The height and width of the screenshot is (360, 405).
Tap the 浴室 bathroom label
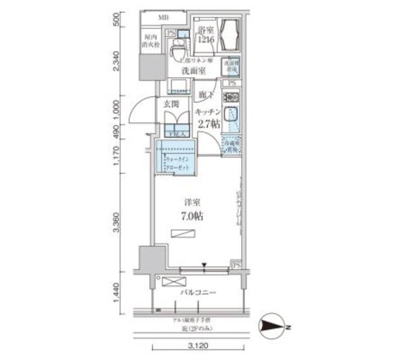click(204, 31)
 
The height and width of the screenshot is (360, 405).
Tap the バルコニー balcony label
click(199, 294)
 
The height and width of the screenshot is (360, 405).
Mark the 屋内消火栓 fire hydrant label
click(151, 40)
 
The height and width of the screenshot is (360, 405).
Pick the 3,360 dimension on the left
click(118, 222)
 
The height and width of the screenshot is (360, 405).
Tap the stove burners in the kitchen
click(232, 98)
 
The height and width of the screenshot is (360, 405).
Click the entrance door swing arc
click(137, 113)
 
